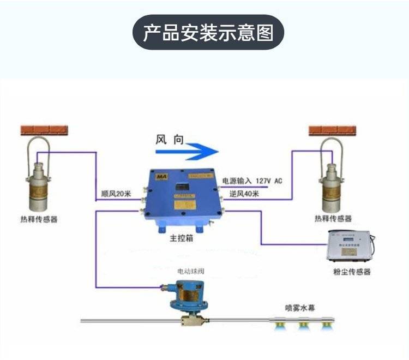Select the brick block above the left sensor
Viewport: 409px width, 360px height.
44,130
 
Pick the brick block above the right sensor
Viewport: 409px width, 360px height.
332,130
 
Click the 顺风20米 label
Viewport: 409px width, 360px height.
117,193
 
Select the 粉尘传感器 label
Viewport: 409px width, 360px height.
352,271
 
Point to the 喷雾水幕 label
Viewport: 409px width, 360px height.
300,307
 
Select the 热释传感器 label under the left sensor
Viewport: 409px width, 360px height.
37,219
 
